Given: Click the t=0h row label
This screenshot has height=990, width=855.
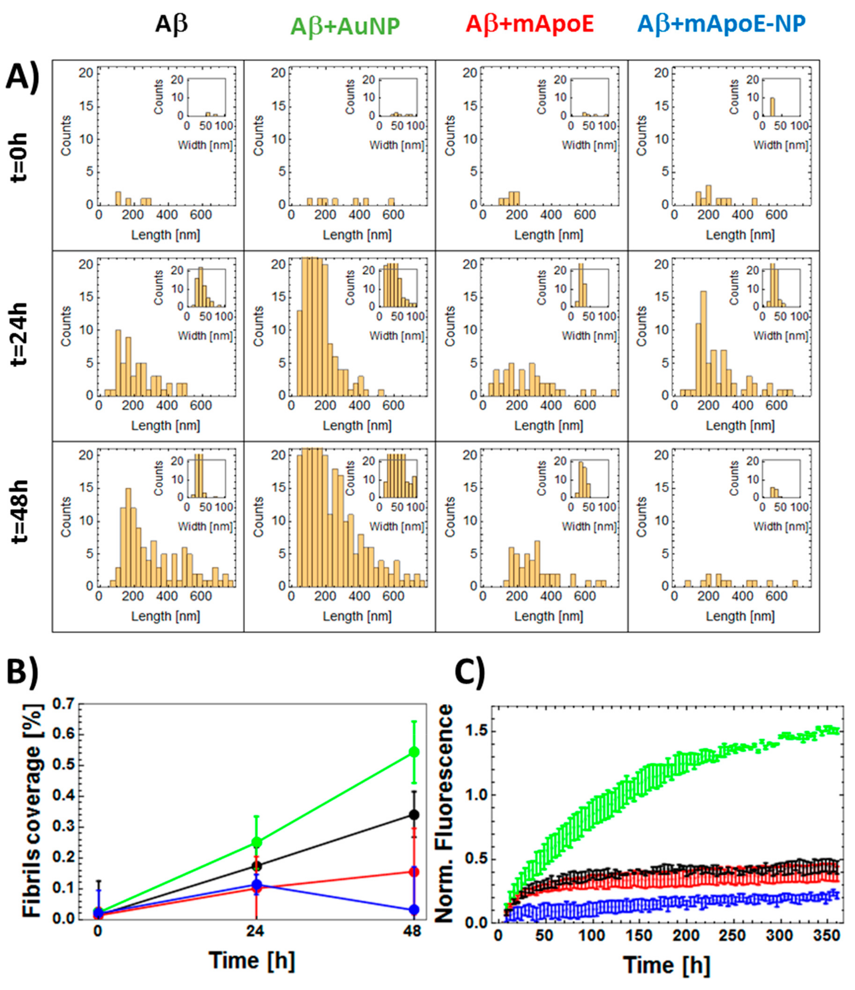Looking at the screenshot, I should (19, 157).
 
